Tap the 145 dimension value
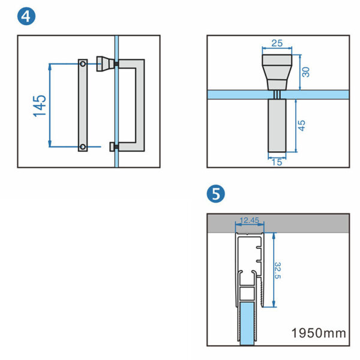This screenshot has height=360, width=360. pos(40,104)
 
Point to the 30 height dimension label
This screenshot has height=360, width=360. pos(305,72)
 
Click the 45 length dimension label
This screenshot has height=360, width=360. pos(302,125)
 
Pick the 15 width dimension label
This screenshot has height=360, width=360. pos(276,161)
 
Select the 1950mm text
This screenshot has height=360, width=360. pos(319,332)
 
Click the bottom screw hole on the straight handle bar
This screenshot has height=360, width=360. pos(82,146)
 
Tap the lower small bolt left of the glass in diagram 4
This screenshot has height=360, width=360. pos(111,146)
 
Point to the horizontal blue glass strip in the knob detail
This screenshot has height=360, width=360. pos(240,95)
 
